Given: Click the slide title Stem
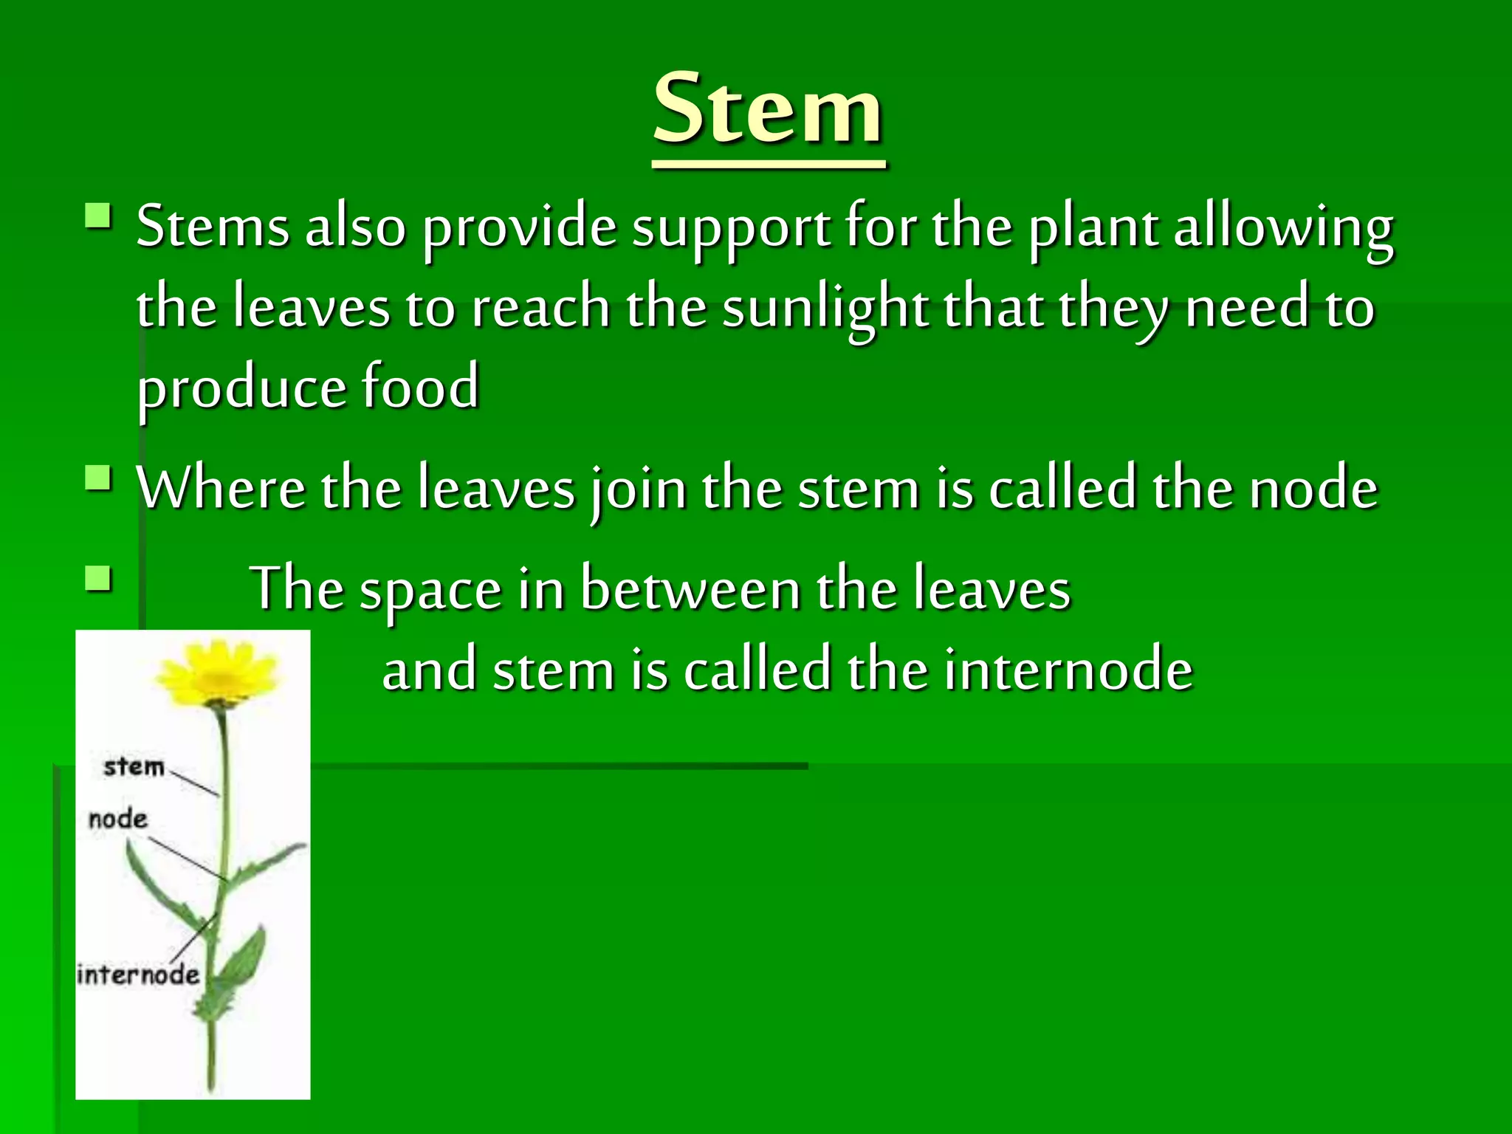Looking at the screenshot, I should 768,109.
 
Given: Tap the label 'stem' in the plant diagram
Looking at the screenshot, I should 134,766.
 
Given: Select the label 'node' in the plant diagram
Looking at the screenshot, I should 117,819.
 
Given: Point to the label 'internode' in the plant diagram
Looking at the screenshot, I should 138,975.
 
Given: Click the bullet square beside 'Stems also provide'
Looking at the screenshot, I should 98,216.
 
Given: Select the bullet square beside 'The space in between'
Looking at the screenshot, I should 98,579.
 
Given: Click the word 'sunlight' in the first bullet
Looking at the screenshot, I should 825,308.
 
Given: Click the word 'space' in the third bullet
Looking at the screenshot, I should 430,591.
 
